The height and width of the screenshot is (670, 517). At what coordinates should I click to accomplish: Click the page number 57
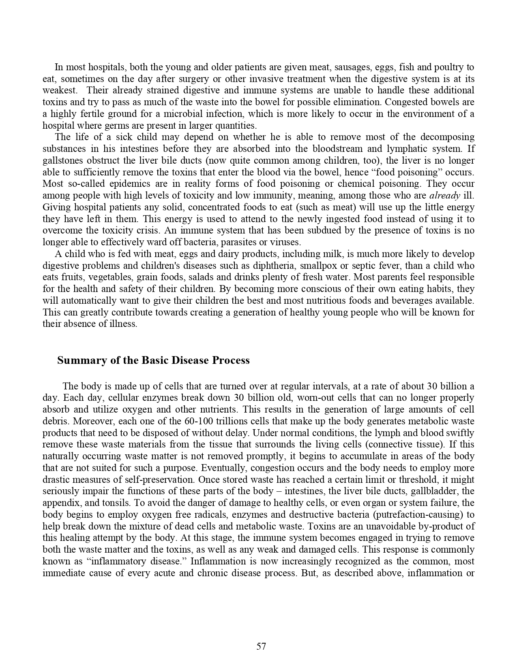click(x=261, y=646)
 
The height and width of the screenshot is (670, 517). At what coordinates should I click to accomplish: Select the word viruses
click(x=287, y=242)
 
